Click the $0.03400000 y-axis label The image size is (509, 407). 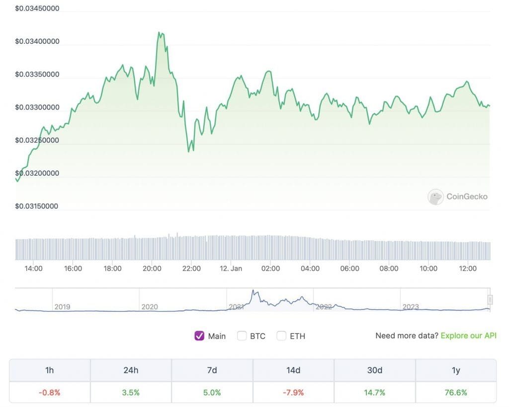pos(37,41)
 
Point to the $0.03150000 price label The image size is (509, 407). pos(37,206)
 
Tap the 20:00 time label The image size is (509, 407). pos(152,268)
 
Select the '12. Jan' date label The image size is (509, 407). pos(231,268)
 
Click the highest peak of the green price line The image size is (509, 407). pos(159,33)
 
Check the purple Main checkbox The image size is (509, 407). pos(199,336)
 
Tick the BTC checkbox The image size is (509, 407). pos(242,336)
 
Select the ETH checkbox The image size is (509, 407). pos(281,336)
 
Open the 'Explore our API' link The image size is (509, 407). pos(468,336)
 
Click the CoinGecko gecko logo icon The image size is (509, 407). pos(435,197)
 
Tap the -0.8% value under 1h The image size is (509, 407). pos(50,393)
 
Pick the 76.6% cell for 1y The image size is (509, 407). pos(455,393)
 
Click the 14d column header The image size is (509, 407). pos(293,370)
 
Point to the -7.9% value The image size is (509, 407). pos(293,393)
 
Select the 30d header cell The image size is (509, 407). pos(374,370)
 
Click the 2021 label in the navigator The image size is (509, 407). pos(236,307)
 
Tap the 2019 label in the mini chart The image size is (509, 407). pos(62,307)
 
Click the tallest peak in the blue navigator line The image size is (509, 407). pos(253,291)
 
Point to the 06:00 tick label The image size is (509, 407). pos(349,268)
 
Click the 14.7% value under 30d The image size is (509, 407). pos(374,393)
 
